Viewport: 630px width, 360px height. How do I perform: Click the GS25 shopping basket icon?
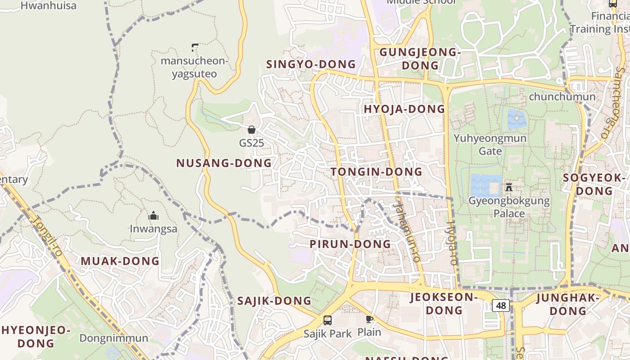[x=252, y=130]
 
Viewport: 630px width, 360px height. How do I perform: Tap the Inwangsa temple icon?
[x=153, y=216]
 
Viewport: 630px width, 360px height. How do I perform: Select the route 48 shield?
[x=500, y=306]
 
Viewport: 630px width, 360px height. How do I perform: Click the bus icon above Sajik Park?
[x=328, y=320]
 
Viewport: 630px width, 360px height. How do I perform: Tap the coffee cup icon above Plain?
[x=369, y=319]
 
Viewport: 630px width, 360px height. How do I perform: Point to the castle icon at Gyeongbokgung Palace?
[x=509, y=187]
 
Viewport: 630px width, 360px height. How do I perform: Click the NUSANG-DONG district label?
[x=224, y=163]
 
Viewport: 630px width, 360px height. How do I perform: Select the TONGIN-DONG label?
[x=376, y=171]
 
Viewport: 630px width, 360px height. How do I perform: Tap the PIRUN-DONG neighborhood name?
[x=350, y=244]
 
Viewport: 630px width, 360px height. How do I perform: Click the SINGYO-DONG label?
[x=311, y=64]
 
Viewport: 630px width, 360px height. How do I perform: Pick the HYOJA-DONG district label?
[x=404, y=109]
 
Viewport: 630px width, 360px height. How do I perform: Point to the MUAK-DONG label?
[x=120, y=261]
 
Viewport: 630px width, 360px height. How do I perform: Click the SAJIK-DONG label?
[x=274, y=301]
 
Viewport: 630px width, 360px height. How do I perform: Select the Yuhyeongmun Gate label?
[x=490, y=144]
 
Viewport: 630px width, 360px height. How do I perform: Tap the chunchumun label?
[x=562, y=96]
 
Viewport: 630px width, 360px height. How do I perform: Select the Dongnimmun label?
[x=113, y=338]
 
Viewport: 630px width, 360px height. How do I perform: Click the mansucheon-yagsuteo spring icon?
[x=194, y=47]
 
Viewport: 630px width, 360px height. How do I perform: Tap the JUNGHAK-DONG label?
[x=568, y=304]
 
